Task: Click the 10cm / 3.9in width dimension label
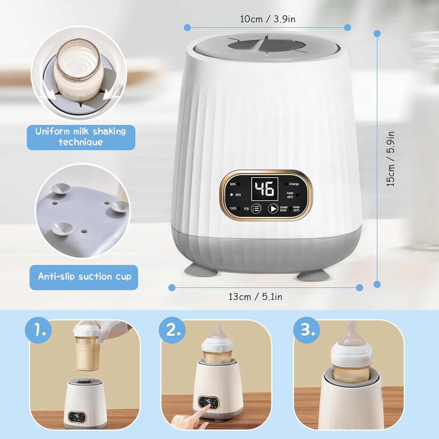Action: tap(267, 19)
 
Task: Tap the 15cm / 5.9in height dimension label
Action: tap(390, 159)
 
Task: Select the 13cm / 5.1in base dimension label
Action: tap(255, 297)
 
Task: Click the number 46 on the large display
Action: tap(265, 188)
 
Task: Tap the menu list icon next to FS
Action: tap(256, 209)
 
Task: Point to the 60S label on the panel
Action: tap(233, 184)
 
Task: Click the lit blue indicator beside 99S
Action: tap(231, 195)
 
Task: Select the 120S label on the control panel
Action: tap(233, 208)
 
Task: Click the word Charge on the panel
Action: tap(294, 184)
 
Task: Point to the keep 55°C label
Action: tap(296, 209)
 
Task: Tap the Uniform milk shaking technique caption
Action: tap(81, 137)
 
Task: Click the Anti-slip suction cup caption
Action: tap(84, 277)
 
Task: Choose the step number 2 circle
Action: tap(172, 330)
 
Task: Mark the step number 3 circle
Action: tap(306, 330)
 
